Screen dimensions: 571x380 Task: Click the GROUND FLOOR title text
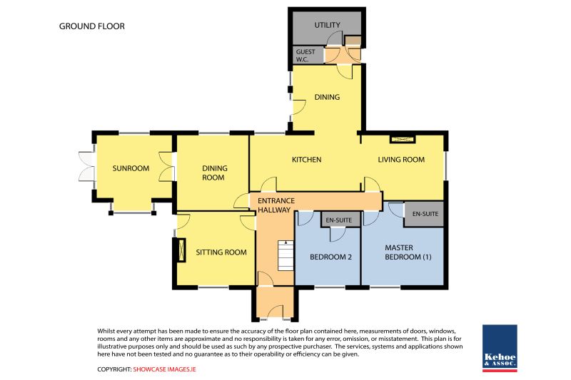click(x=92, y=26)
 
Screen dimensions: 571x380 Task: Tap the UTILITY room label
click(x=328, y=25)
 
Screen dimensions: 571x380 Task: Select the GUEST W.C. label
click(x=305, y=56)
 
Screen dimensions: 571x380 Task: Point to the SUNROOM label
click(x=131, y=168)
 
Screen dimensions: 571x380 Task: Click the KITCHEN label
click(x=307, y=160)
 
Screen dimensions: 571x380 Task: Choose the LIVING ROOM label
click(x=401, y=160)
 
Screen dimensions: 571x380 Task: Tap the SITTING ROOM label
click(x=221, y=252)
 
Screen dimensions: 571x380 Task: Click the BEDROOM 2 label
click(x=330, y=257)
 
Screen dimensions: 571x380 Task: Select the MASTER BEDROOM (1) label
click(x=408, y=252)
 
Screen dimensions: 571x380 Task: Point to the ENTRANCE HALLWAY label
click(x=276, y=205)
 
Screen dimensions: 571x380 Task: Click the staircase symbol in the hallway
click(x=285, y=255)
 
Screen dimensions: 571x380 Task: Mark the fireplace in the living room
click(x=403, y=139)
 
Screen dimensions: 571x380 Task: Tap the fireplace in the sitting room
click(x=181, y=250)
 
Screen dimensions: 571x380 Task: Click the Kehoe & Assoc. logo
click(x=500, y=348)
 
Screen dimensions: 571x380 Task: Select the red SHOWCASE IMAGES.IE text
click(x=164, y=369)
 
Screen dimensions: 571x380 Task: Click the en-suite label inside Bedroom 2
click(x=338, y=220)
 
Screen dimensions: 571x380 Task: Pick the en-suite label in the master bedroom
click(x=425, y=214)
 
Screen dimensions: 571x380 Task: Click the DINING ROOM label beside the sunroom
click(x=214, y=173)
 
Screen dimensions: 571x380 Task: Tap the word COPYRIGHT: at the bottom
click(x=114, y=369)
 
